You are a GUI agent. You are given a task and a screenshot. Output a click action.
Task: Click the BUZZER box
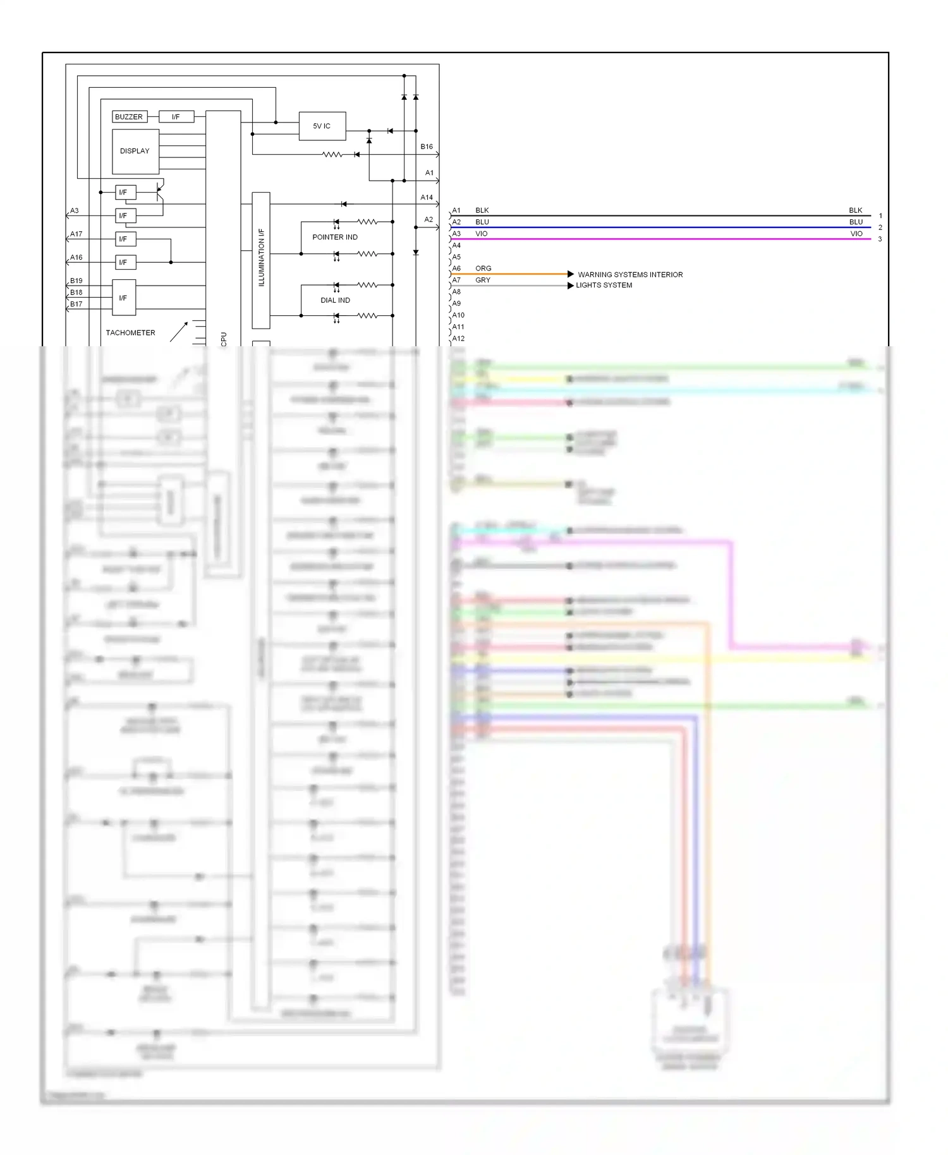click(129, 117)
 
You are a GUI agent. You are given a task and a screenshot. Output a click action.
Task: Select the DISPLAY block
click(135, 152)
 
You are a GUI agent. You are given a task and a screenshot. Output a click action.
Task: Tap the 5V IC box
click(322, 126)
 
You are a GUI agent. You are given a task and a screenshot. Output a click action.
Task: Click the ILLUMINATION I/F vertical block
click(261, 260)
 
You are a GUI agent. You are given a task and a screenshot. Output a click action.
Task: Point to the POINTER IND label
click(335, 238)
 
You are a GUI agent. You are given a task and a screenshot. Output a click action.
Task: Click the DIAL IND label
click(335, 301)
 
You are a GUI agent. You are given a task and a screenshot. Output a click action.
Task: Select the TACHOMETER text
click(130, 333)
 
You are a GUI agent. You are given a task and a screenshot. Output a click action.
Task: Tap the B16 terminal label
click(427, 147)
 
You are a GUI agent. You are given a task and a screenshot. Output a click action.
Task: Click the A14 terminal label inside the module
click(427, 198)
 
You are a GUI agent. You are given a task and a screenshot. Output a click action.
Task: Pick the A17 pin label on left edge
click(76, 234)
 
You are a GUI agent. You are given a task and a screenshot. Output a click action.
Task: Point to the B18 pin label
click(76, 293)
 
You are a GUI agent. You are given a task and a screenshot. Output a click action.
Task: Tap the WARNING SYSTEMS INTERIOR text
click(630, 275)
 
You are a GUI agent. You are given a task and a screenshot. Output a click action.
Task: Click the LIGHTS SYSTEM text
click(604, 286)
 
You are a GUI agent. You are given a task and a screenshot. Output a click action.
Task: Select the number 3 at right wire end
click(880, 239)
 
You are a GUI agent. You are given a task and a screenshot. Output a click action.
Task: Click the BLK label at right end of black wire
click(856, 210)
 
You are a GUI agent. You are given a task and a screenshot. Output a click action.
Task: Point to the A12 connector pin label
click(458, 339)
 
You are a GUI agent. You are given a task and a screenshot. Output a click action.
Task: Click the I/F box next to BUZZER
click(176, 117)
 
